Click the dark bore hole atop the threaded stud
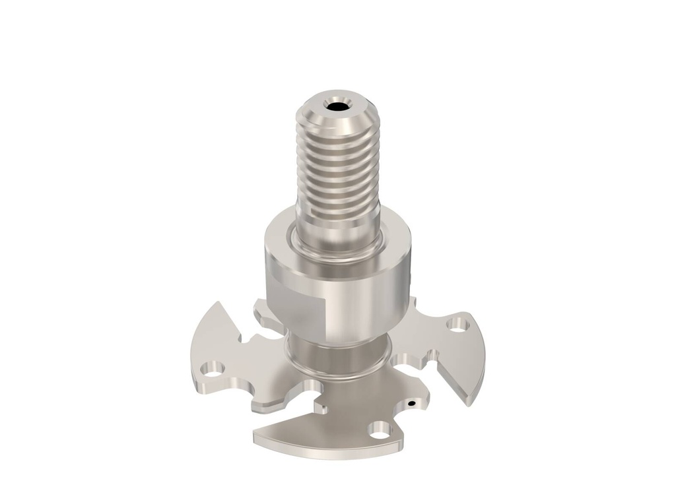click(337, 106)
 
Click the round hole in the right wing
click(456, 324)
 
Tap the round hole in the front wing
click(380, 432)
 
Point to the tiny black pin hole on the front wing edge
click(411, 402)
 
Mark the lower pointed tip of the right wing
click(470, 401)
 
